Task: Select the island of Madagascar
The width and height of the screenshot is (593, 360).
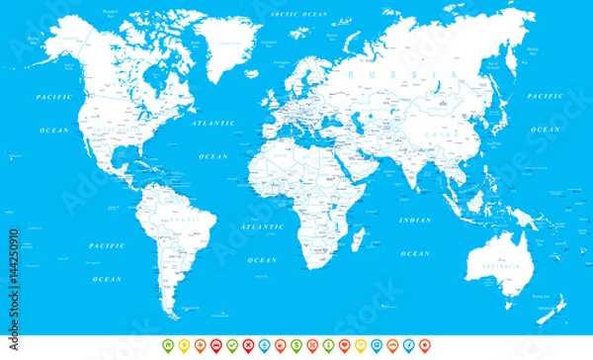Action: [358, 237]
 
